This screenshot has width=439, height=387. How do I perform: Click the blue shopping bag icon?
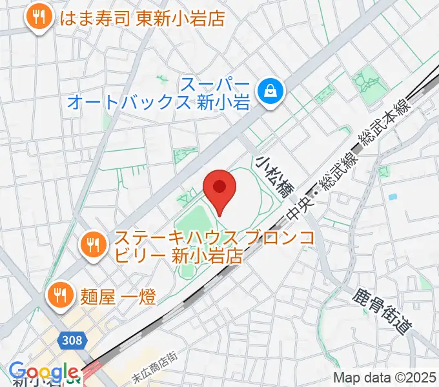[x=267, y=91]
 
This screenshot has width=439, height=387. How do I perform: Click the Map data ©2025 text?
[x=385, y=378]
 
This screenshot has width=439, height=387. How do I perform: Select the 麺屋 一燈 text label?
[x=118, y=295]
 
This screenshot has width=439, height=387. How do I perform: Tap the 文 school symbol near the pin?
[x=188, y=197]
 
